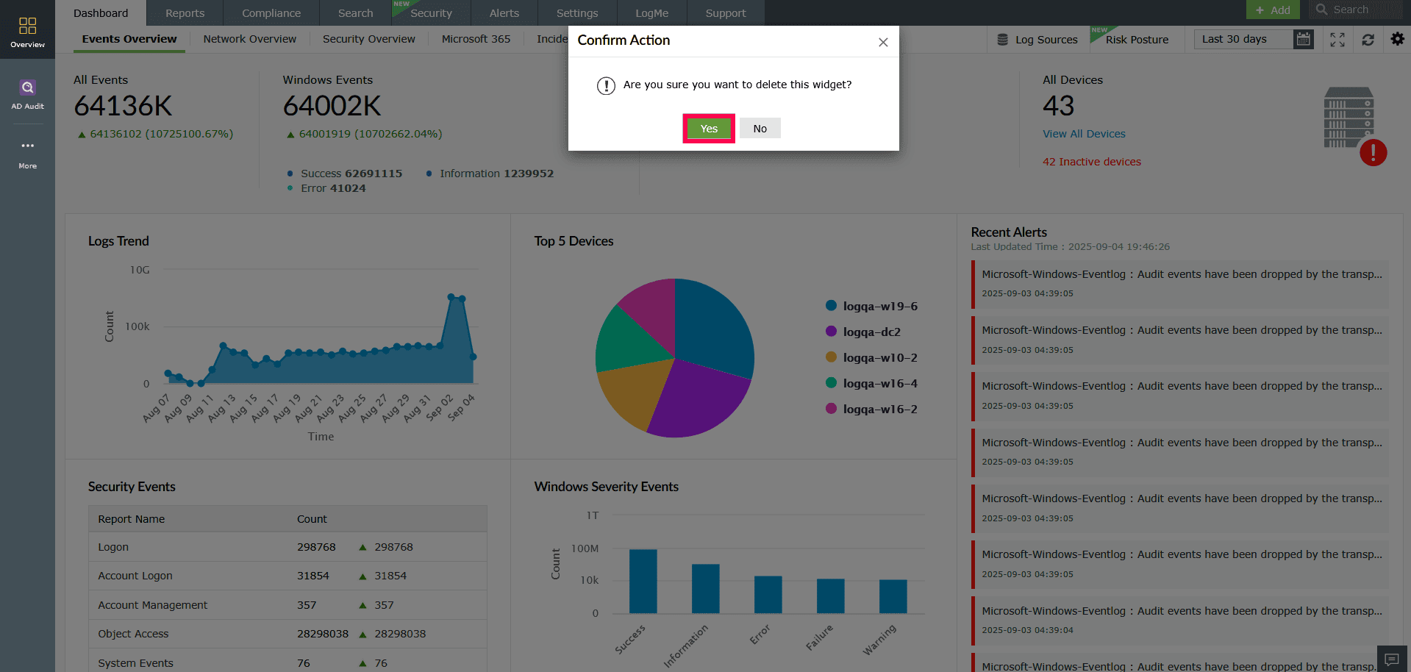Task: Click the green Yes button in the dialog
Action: pos(709,129)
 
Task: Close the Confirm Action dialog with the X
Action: pos(883,43)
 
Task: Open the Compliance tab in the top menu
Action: pos(271,13)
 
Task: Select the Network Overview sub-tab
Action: pos(249,39)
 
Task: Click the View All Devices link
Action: pos(1083,134)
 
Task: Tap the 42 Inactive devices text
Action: pos(1091,162)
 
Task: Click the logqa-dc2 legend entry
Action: pos(871,332)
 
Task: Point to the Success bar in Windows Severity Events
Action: pos(643,581)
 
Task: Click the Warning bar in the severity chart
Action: pos(893,596)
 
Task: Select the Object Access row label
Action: pos(133,634)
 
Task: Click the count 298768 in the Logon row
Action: pos(316,547)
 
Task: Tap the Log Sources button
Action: pos(1037,40)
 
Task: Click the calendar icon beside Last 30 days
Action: pos(1303,40)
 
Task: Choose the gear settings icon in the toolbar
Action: pos(1397,39)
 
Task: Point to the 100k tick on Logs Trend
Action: pos(137,326)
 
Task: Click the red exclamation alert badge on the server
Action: pos(1373,153)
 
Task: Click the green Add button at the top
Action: pos(1273,10)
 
